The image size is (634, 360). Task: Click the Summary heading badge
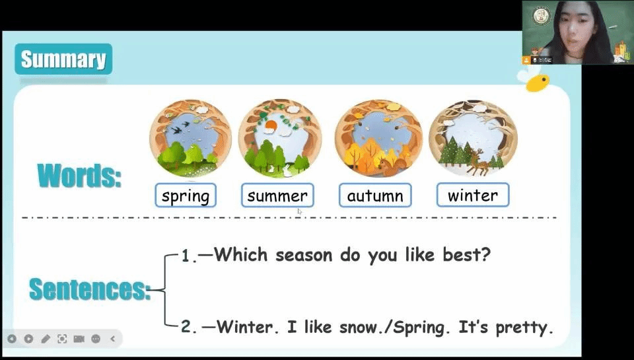click(63, 59)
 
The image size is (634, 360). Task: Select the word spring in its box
click(186, 196)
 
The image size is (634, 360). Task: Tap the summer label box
click(277, 196)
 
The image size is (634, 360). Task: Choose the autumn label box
click(375, 196)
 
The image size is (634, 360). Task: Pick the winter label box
click(473, 195)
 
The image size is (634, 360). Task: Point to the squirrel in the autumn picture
click(389, 166)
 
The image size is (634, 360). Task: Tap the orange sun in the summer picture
click(269, 129)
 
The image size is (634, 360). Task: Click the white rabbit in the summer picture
click(287, 170)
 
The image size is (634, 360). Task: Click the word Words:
click(79, 176)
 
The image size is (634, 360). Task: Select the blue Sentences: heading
click(90, 289)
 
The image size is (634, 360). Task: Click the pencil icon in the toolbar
click(46, 339)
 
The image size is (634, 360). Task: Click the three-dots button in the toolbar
click(96, 339)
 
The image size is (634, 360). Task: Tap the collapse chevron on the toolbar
click(113, 339)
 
